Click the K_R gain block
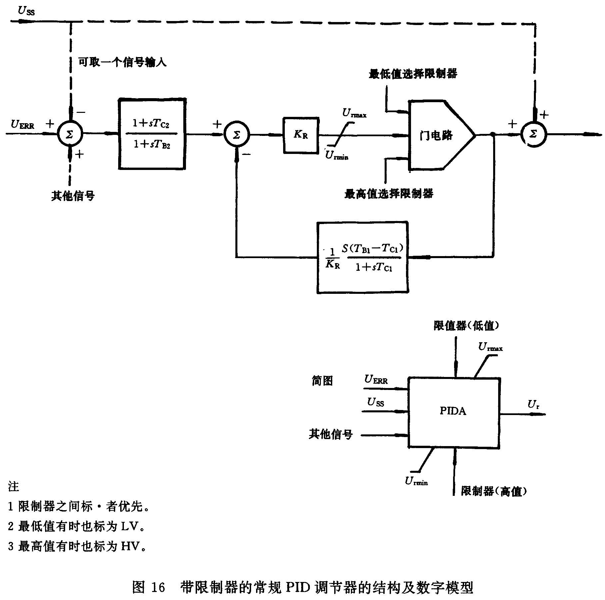coord(301,135)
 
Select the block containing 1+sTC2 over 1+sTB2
coord(152,134)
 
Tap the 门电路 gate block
coord(436,135)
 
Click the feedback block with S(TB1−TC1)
coord(363,257)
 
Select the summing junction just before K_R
coord(236,135)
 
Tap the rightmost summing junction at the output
coord(533,134)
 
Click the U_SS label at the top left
coord(26,11)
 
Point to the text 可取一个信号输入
coord(122,62)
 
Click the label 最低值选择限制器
coord(413,74)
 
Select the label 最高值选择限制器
coord(389,194)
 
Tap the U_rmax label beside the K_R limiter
coord(354,114)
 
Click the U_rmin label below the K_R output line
coord(337,156)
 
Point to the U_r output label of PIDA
coord(533,405)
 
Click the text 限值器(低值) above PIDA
coord(466,326)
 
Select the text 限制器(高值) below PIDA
coord(494,491)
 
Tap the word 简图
coord(322,381)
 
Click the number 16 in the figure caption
coord(158,587)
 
